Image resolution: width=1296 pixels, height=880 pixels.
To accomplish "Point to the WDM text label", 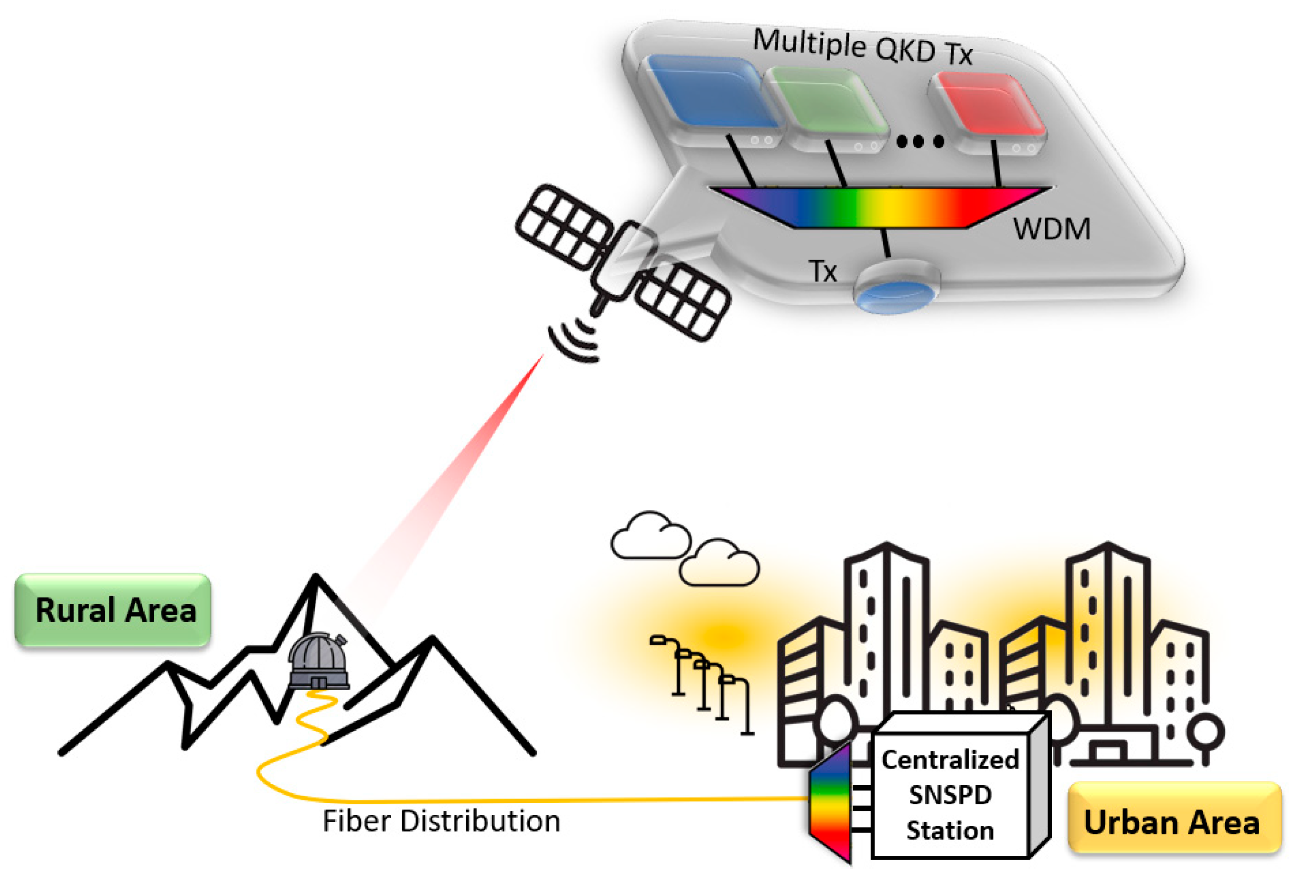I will (1051, 229).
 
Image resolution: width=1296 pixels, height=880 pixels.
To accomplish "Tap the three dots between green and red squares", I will (919, 142).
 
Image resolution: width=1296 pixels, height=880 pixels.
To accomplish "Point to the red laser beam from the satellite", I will (457, 474).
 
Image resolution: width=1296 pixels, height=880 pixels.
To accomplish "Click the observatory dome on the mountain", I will (318, 661).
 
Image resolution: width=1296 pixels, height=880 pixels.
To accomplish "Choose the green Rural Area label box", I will (113, 610).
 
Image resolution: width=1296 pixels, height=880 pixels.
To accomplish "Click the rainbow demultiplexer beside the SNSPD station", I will (831, 803).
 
